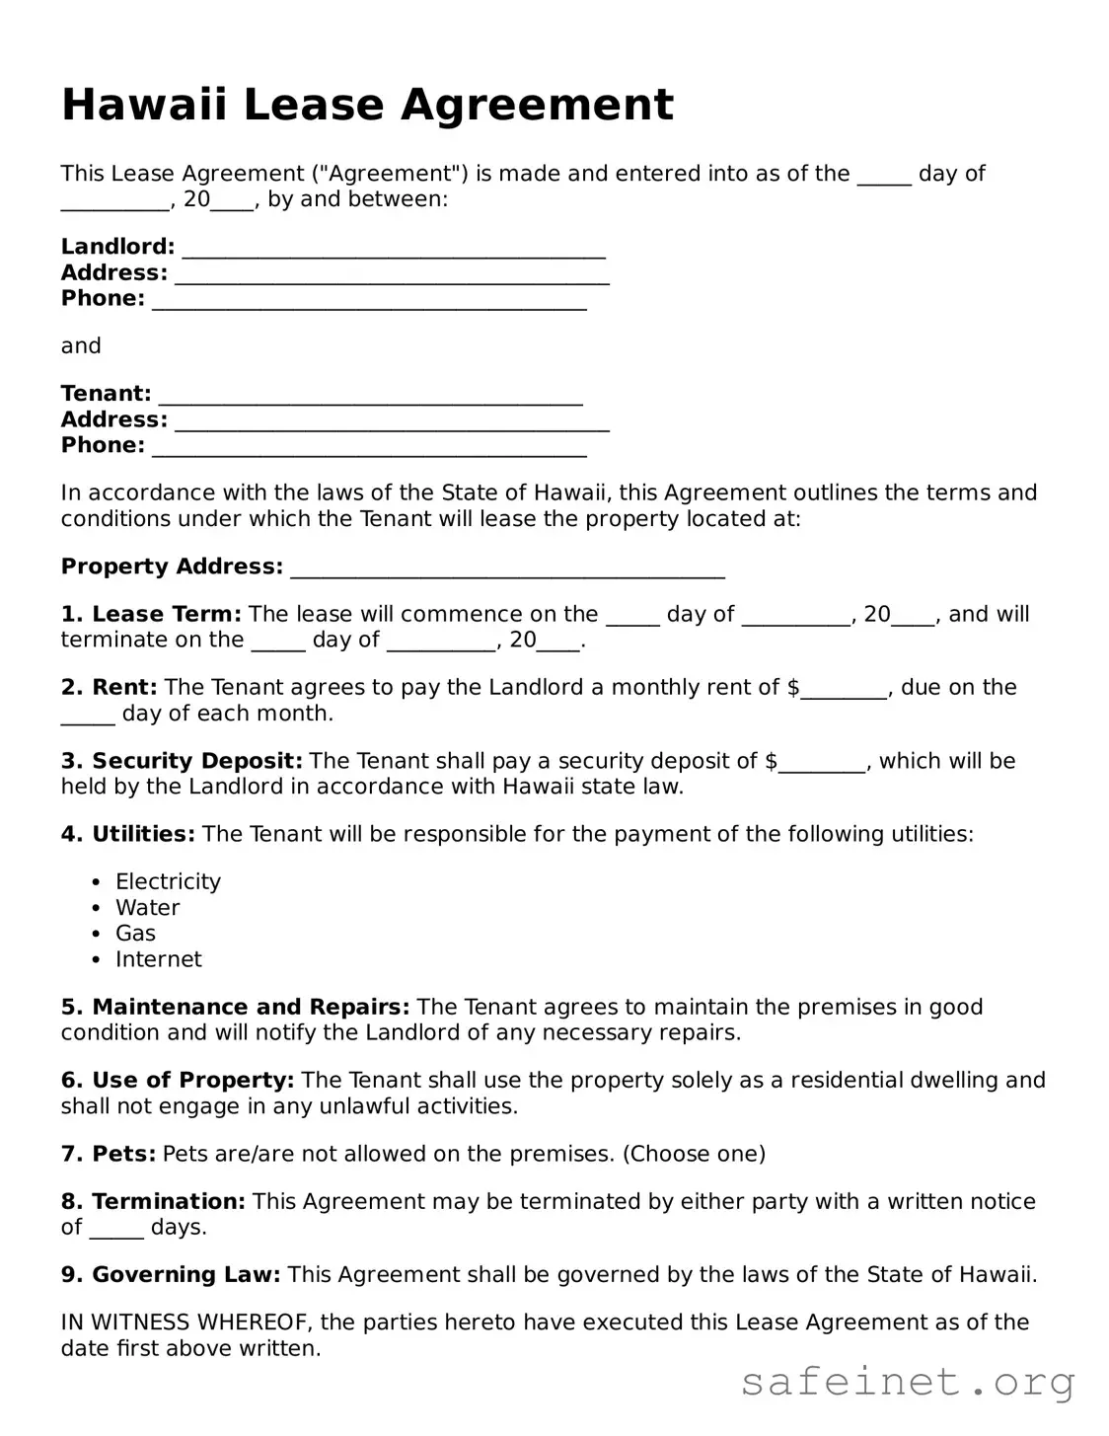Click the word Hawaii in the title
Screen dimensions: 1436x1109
pos(145,105)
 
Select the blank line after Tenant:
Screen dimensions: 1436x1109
pos(370,395)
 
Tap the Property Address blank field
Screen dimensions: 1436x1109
pos(507,568)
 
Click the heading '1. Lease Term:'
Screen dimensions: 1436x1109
pos(151,614)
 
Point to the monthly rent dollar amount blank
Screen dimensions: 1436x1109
pos(844,689)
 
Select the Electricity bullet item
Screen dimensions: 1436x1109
pos(168,881)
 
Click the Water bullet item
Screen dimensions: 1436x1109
pos(147,907)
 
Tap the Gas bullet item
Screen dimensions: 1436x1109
pos(135,933)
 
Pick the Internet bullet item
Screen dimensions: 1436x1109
pos(158,959)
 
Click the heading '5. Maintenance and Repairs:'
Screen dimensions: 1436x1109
pos(235,1007)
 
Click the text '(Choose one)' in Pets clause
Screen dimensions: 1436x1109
pos(694,1154)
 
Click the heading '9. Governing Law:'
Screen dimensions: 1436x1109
pos(171,1274)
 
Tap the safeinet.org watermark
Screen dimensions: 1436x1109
pos(907,1382)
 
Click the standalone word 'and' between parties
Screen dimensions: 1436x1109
pos(81,345)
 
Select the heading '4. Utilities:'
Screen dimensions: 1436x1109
pos(128,834)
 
